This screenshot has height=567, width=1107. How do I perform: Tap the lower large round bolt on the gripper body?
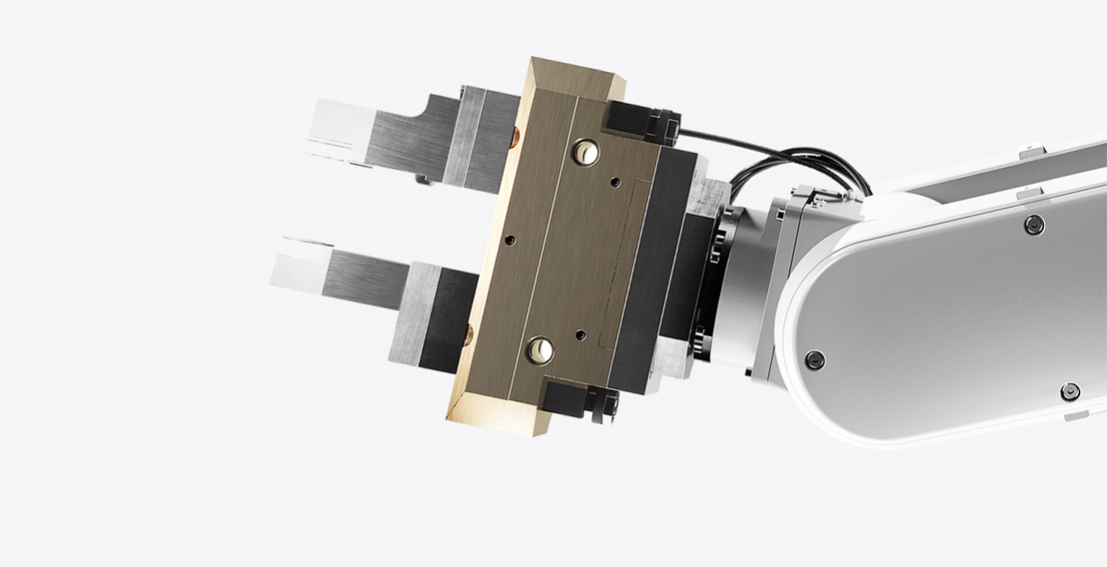coord(542,349)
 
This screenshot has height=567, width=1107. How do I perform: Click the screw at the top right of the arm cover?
coord(1035,224)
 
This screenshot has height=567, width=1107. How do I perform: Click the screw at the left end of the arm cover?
coord(814,358)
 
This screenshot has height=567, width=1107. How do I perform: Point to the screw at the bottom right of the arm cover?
coord(1070,390)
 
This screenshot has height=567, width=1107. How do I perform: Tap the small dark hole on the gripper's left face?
coord(510,241)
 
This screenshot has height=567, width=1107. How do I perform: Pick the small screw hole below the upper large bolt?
coord(614,182)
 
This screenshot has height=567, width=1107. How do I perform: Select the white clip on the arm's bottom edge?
coord(1074,414)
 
